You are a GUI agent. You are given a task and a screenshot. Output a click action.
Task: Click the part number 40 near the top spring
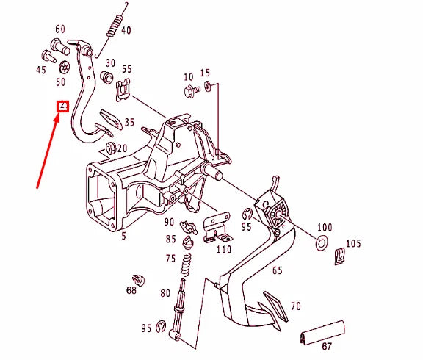126,30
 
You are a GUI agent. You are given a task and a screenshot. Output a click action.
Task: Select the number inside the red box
63,106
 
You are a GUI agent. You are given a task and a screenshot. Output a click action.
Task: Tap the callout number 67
326,347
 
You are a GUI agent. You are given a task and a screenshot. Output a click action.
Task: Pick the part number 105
353,243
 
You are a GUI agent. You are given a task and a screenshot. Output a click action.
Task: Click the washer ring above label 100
322,242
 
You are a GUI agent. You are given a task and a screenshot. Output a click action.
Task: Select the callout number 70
295,305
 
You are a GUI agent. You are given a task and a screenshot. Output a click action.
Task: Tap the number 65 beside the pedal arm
278,270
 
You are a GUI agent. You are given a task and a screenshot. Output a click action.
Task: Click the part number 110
224,250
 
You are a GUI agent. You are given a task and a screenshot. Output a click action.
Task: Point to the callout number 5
123,236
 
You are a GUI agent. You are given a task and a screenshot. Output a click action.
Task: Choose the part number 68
131,290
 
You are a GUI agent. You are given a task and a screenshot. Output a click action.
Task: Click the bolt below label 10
193,91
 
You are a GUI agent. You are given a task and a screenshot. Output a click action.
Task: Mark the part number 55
126,70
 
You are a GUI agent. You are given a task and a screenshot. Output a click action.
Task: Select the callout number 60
60,28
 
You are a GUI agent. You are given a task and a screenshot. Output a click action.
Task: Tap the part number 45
40,71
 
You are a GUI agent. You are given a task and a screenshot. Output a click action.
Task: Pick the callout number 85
170,240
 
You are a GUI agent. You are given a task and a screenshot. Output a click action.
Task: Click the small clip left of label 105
340,256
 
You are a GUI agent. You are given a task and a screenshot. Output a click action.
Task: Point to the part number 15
205,73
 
